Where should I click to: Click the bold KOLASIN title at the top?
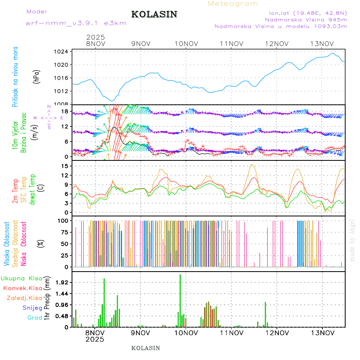154,14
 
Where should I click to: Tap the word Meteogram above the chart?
233,4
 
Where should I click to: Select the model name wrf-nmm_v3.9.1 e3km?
76,23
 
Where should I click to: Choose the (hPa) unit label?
36,76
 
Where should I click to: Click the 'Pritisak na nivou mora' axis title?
15,77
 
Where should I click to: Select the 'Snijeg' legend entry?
32,308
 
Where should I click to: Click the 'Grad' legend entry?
35,318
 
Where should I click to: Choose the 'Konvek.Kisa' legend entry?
23,288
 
